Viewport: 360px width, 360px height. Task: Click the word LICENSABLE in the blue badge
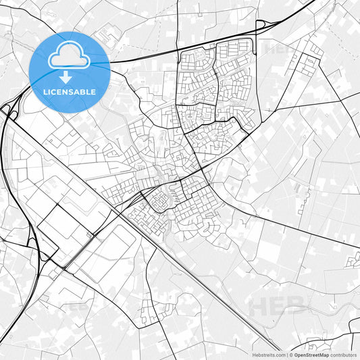click(x=69, y=91)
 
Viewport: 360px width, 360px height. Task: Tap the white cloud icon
click(x=69, y=57)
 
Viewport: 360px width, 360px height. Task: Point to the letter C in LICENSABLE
click(x=54, y=91)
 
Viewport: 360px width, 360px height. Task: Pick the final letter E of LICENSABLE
click(x=93, y=91)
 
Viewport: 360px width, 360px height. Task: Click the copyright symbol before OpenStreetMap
click(x=291, y=354)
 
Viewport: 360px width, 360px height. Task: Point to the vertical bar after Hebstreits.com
click(x=286, y=354)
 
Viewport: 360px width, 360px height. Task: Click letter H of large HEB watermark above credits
click(x=260, y=307)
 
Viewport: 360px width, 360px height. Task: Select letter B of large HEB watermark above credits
click(x=298, y=307)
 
